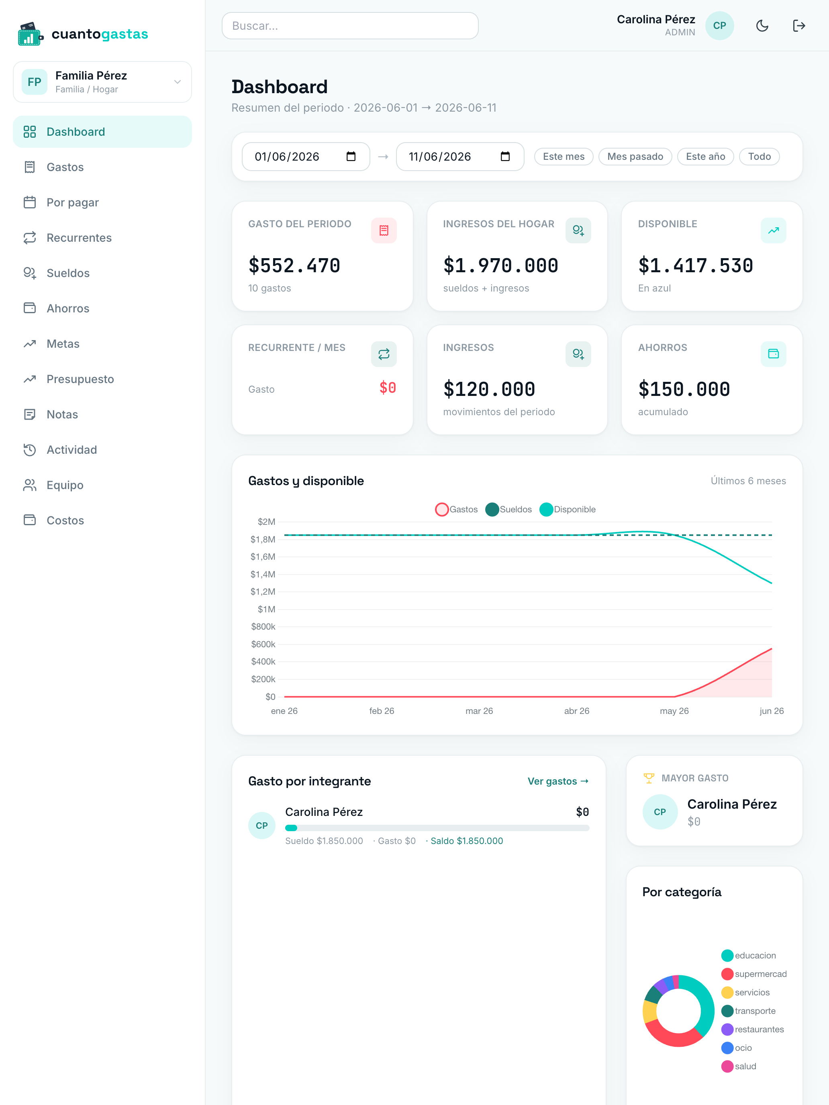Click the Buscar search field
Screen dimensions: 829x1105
(350, 25)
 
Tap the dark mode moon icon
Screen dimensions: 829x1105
(762, 25)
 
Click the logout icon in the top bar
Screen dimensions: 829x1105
(799, 25)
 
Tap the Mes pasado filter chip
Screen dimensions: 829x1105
(635, 156)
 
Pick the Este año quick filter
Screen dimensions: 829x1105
(705, 156)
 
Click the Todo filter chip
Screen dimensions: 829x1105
(759, 156)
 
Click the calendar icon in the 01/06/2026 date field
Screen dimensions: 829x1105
(351, 156)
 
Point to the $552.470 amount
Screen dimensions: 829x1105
(294, 265)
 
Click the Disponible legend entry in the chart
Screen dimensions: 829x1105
(568, 510)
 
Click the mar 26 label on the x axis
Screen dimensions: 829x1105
(479, 711)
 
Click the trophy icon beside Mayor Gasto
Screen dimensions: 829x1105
(649, 778)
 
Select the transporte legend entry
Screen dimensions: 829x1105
(749, 1011)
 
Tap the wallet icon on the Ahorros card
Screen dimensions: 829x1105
(773, 354)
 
